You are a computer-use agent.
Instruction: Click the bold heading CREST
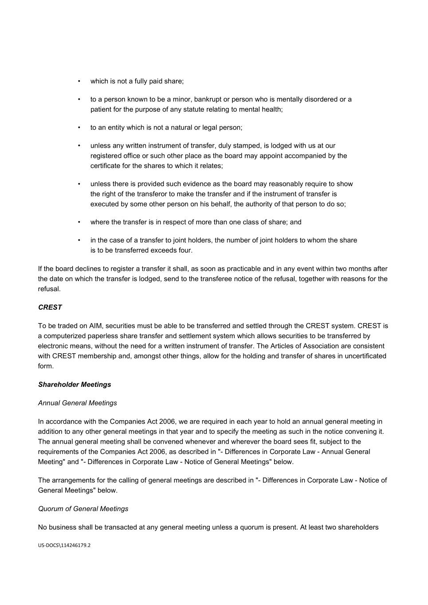[50, 307]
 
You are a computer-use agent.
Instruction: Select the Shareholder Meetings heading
[75, 384]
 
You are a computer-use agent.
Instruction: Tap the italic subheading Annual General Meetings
[78, 403]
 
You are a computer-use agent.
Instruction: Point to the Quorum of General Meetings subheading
[83, 509]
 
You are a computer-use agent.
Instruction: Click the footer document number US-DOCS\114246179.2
[64, 545]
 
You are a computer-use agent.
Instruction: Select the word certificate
[105, 166]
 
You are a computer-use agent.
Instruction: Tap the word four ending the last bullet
[185, 250]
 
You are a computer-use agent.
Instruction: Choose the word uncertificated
[365, 356]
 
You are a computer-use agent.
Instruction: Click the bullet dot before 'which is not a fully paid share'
[79, 81]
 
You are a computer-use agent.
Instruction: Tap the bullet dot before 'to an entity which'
[79, 128]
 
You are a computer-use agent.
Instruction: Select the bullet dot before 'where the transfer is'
[79, 222]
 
